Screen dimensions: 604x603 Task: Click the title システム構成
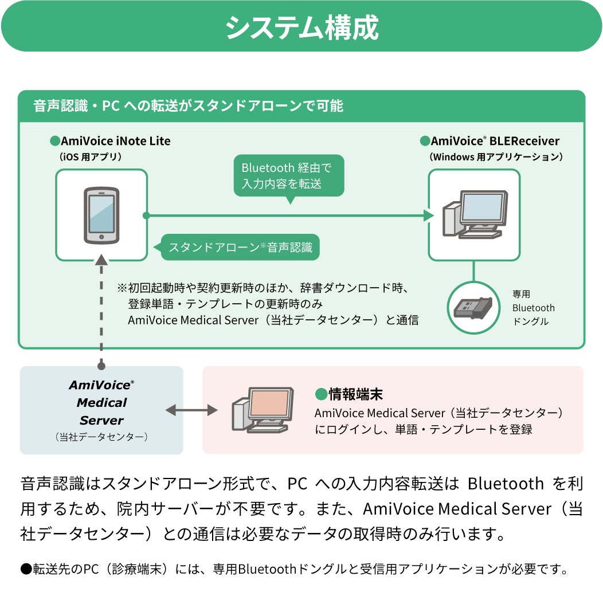point(301,27)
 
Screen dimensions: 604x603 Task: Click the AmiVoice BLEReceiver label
point(495,141)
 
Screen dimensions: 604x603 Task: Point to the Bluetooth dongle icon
point(473,307)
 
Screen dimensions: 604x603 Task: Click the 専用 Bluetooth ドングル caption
point(533,308)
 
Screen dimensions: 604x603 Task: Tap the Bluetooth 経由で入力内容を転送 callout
point(289,175)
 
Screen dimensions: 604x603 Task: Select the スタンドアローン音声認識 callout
point(240,248)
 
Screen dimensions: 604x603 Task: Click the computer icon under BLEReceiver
point(475,214)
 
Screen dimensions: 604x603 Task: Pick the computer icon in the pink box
point(263,409)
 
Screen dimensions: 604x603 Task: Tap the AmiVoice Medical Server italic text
point(101,402)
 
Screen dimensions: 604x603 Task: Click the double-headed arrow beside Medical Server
point(192,410)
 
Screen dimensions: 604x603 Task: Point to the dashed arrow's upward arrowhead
point(101,261)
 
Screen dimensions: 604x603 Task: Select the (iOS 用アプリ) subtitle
point(90,156)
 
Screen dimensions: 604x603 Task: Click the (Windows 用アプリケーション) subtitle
point(496,156)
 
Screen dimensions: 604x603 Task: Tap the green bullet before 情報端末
point(320,394)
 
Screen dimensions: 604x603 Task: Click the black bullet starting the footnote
point(26,569)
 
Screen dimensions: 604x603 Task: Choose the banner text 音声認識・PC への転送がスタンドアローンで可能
point(188,106)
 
